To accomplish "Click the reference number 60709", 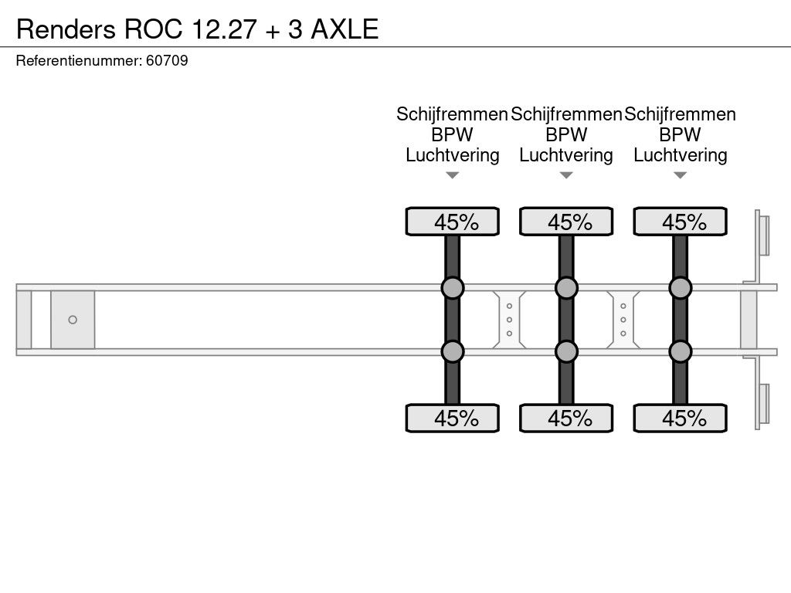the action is (167, 60).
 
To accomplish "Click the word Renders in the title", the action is (66, 29).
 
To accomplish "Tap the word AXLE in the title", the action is (345, 29).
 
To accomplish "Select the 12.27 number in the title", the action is (223, 29).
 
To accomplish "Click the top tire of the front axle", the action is (453, 222).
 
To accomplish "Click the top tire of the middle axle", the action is (566, 222).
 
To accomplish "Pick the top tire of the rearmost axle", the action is (681, 222).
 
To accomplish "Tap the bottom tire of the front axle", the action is (453, 418).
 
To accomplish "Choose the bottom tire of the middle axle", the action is (566, 418).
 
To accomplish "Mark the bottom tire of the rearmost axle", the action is (681, 418).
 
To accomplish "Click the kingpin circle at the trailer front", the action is (73, 320).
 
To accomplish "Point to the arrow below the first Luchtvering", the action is (453, 175).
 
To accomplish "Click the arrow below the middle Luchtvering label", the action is (566, 175).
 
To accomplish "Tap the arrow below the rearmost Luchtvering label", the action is (681, 175).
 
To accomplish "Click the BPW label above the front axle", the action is (453, 134).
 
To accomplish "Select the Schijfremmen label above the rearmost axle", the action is (681, 114).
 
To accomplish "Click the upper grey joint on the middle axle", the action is (566, 288).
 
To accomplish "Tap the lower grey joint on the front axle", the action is (453, 351).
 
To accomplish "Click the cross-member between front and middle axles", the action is (510, 320).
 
